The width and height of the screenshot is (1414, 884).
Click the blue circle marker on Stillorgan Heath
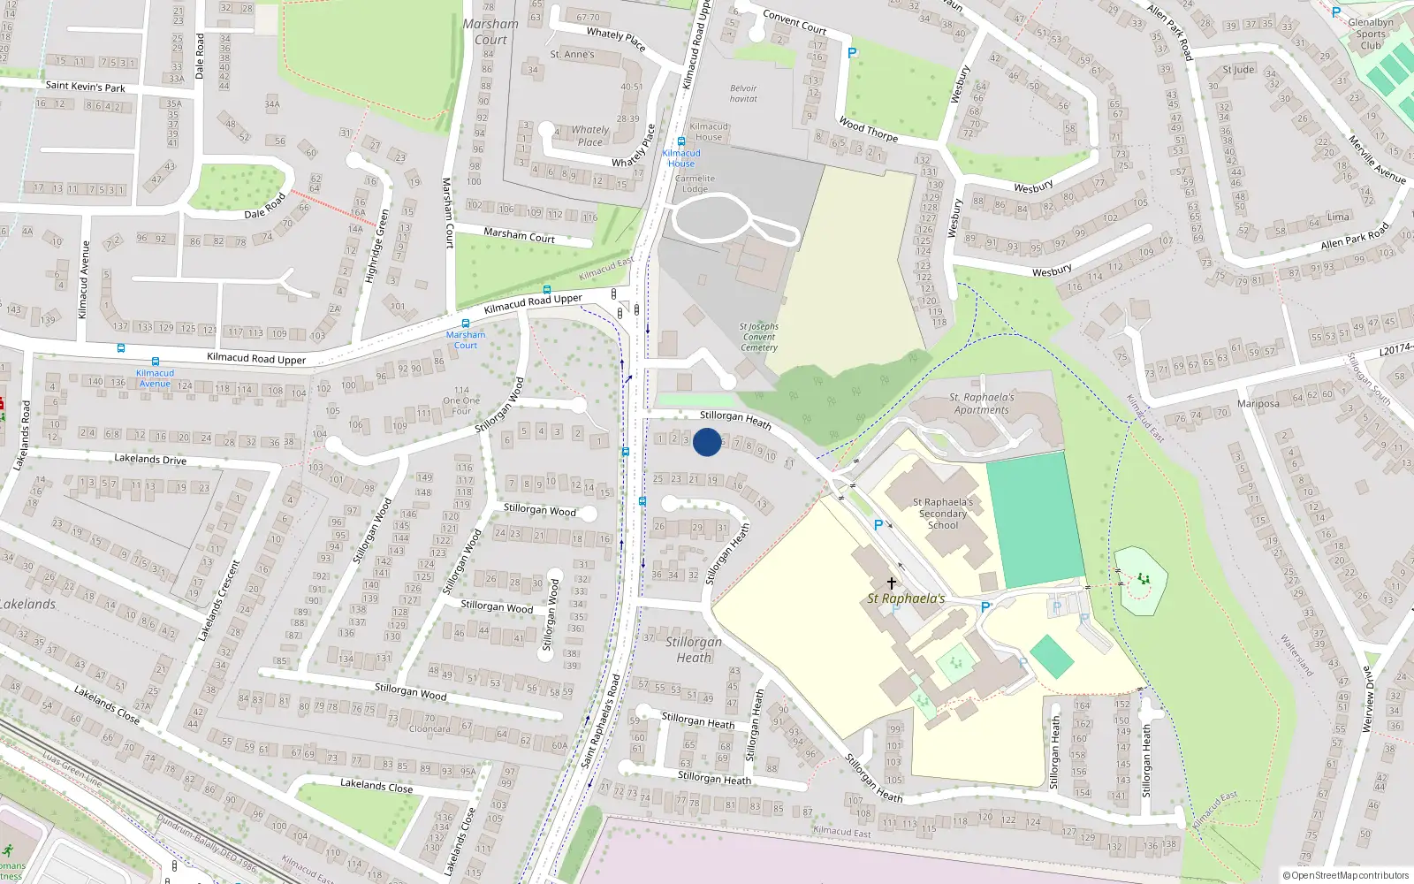point(707,442)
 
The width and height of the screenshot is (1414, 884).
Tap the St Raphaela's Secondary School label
point(943,514)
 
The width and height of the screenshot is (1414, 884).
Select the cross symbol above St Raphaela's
point(891,583)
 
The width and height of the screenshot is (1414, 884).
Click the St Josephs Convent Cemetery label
point(758,337)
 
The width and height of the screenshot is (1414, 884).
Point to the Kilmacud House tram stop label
point(681,158)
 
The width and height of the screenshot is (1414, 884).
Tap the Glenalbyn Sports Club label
point(1371,34)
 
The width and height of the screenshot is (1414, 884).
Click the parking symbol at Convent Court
point(852,53)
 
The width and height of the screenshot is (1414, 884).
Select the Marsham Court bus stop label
point(466,339)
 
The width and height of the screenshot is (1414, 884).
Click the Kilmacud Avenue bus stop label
point(155,378)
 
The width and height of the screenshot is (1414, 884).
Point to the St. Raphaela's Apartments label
point(981,404)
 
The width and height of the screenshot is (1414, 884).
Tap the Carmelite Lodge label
point(695,184)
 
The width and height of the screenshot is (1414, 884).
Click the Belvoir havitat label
point(743,94)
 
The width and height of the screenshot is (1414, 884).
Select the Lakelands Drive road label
point(150,459)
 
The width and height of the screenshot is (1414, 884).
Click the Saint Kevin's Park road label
point(85,87)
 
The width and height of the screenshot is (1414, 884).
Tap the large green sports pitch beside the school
point(1035,520)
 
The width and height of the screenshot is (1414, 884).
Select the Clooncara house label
point(430,729)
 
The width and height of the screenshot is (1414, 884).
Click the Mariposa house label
point(1258,404)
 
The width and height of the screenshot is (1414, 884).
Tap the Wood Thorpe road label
point(868,130)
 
